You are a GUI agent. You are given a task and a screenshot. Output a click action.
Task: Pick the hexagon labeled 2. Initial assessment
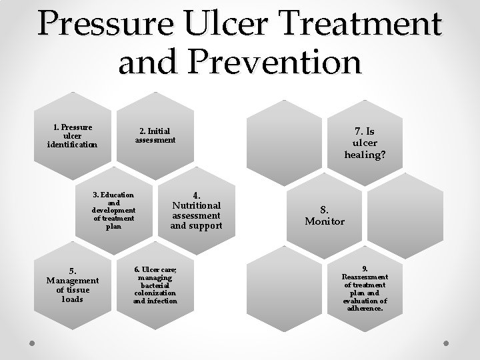(x=155, y=135)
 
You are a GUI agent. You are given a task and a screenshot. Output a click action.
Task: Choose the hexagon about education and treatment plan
(x=113, y=211)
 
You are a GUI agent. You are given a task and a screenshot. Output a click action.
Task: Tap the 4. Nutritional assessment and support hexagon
(x=195, y=211)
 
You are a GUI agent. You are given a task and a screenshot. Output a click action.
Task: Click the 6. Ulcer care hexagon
(x=155, y=285)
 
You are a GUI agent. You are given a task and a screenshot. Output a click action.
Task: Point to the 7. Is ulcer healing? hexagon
(x=365, y=141)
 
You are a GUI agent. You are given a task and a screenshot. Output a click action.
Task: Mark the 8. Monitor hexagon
(x=325, y=215)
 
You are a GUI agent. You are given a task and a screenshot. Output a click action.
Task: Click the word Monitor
(x=325, y=221)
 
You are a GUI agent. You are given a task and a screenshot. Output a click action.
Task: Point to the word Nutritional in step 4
(x=196, y=205)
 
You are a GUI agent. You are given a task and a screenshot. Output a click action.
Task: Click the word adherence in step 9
(x=365, y=309)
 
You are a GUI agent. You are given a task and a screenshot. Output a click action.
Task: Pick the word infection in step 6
(x=163, y=301)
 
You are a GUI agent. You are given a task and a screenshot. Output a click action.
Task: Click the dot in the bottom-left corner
(x=32, y=343)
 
